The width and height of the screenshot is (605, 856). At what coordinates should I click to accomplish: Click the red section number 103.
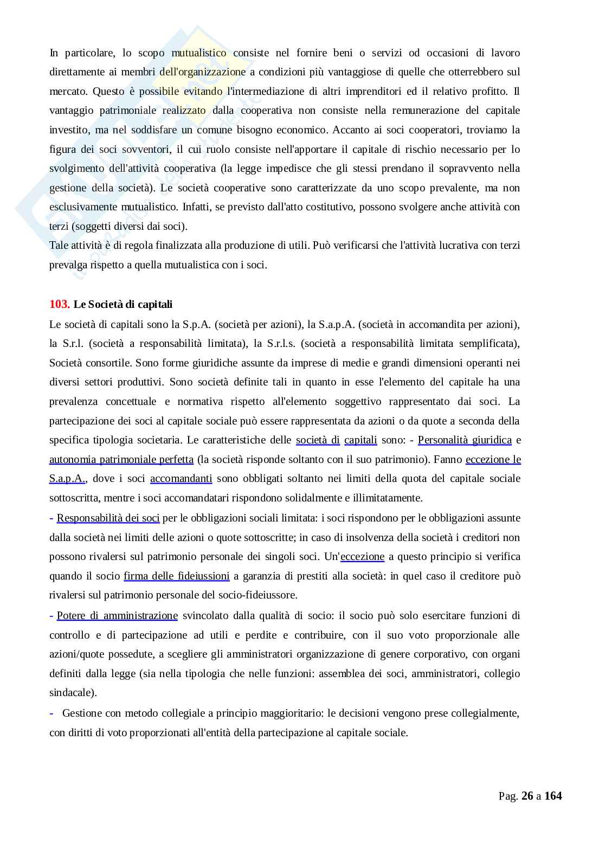(59, 304)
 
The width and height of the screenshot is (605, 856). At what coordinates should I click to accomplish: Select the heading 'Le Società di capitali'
(123, 304)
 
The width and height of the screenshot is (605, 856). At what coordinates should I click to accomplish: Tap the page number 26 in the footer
(527, 796)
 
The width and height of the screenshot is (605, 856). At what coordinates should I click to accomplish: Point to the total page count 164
(553, 796)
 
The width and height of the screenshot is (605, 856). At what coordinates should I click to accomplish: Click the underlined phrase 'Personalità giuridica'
(465, 440)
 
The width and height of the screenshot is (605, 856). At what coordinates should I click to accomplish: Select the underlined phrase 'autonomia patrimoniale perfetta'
(121, 459)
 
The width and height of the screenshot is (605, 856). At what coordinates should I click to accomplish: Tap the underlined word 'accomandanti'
(181, 479)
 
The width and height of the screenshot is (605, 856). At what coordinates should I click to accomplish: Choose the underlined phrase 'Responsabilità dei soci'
(108, 518)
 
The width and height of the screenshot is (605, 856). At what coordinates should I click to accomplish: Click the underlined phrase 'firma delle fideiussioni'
(177, 576)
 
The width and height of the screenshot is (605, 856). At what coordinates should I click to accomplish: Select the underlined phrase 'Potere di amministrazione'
(117, 615)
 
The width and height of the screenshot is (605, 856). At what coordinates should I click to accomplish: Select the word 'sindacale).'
(73, 693)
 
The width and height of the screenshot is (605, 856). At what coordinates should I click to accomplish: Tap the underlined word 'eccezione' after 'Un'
(363, 556)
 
